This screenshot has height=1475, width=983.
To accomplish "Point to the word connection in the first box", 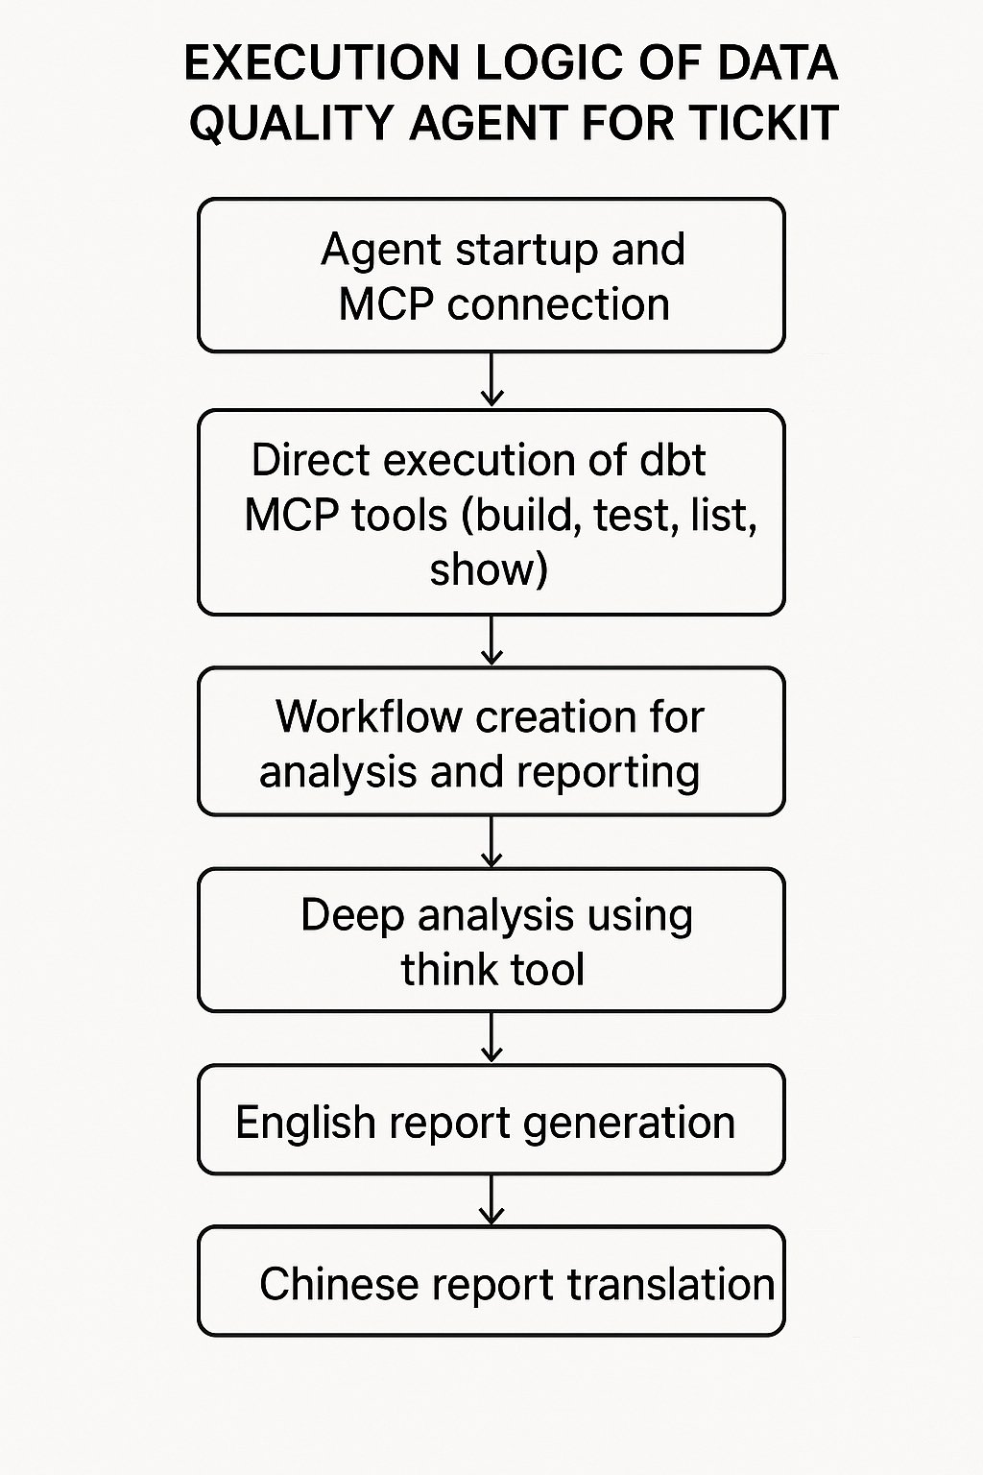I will pyautogui.click(x=558, y=304).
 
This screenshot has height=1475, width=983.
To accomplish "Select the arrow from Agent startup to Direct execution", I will pyautogui.click(x=491, y=380).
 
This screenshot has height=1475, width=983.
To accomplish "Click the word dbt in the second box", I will pyautogui.click(x=672, y=460).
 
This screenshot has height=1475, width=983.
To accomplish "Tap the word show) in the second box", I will pyautogui.click(x=489, y=569).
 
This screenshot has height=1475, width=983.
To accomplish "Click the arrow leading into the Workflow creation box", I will pyautogui.click(x=491, y=641).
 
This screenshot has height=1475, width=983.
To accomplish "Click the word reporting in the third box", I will pyautogui.click(x=616, y=772).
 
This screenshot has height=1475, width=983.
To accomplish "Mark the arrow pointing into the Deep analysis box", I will pyautogui.click(x=491, y=842).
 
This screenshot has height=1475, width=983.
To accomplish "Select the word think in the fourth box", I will pyautogui.click(x=448, y=969).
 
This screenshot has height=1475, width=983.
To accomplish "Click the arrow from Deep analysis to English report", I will pyautogui.click(x=491, y=1038).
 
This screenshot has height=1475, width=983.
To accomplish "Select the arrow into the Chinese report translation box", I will pyautogui.click(x=491, y=1200).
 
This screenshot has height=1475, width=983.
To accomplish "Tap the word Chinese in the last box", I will pyautogui.click(x=339, y=1284).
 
